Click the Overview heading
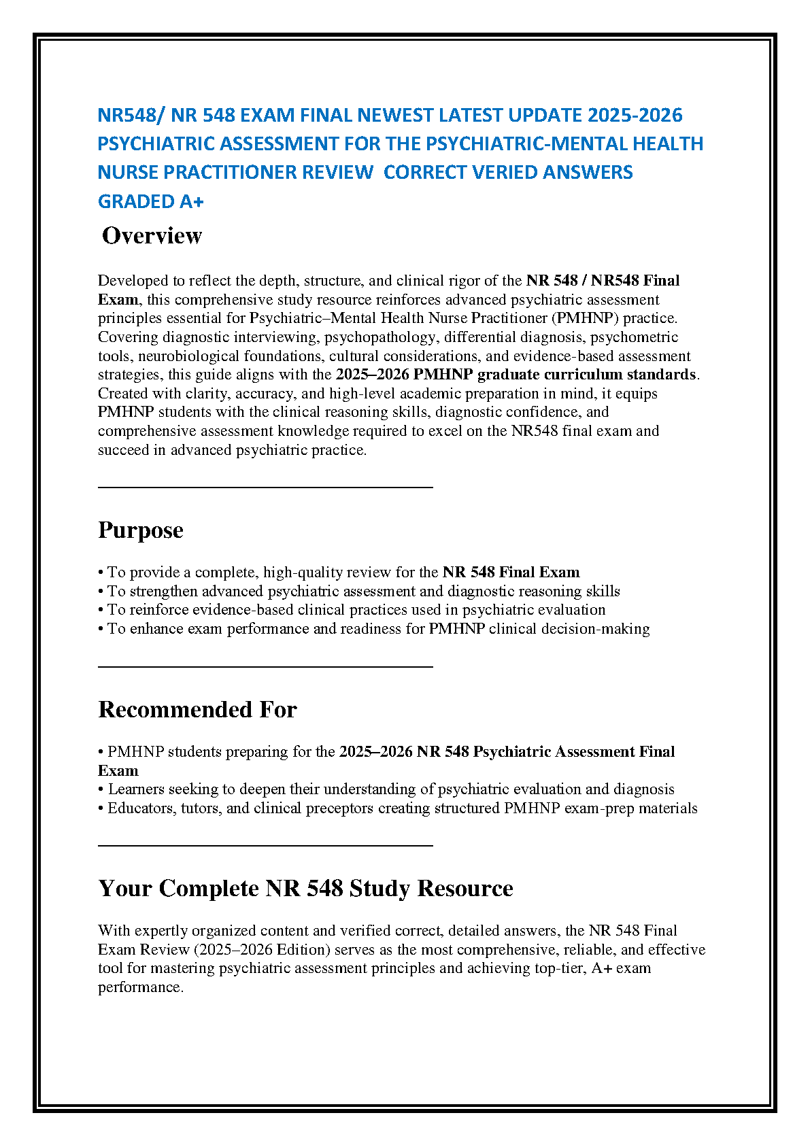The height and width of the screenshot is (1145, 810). tap(152, 236)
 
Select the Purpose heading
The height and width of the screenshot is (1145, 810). tap(141, 530)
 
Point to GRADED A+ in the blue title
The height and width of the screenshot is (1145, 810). tap(151, 202)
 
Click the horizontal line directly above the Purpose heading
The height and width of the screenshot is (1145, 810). tap(265, 487)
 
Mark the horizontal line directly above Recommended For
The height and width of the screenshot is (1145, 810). tap(265, 666)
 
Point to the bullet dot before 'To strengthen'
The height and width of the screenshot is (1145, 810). tap(101, 592)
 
